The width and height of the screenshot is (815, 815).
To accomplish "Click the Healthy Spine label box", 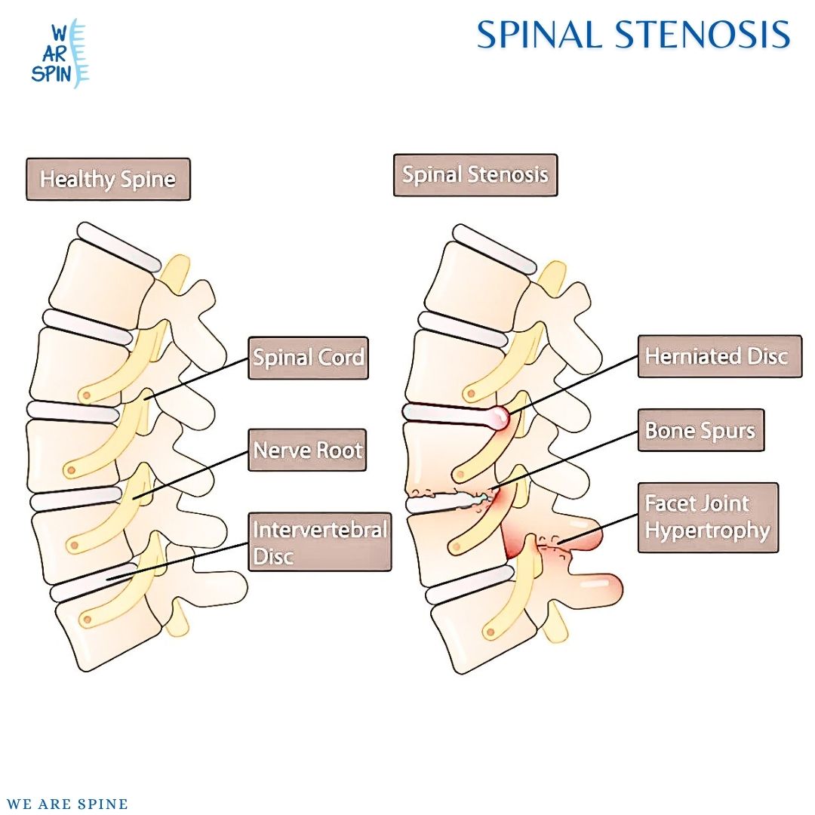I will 108,179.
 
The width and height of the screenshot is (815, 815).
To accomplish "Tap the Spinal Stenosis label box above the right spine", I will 475,175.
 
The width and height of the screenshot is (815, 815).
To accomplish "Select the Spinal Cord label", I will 308,358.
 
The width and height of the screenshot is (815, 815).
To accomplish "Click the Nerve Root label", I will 307,451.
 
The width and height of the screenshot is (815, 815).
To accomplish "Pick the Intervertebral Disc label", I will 319,542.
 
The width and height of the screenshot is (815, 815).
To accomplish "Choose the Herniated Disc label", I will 719,356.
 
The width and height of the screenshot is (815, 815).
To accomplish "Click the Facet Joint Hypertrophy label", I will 707,518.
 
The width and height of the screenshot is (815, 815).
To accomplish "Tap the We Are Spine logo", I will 60,54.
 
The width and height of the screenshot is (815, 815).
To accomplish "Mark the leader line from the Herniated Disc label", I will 574,386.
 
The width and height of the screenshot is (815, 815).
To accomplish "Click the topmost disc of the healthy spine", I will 119,247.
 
